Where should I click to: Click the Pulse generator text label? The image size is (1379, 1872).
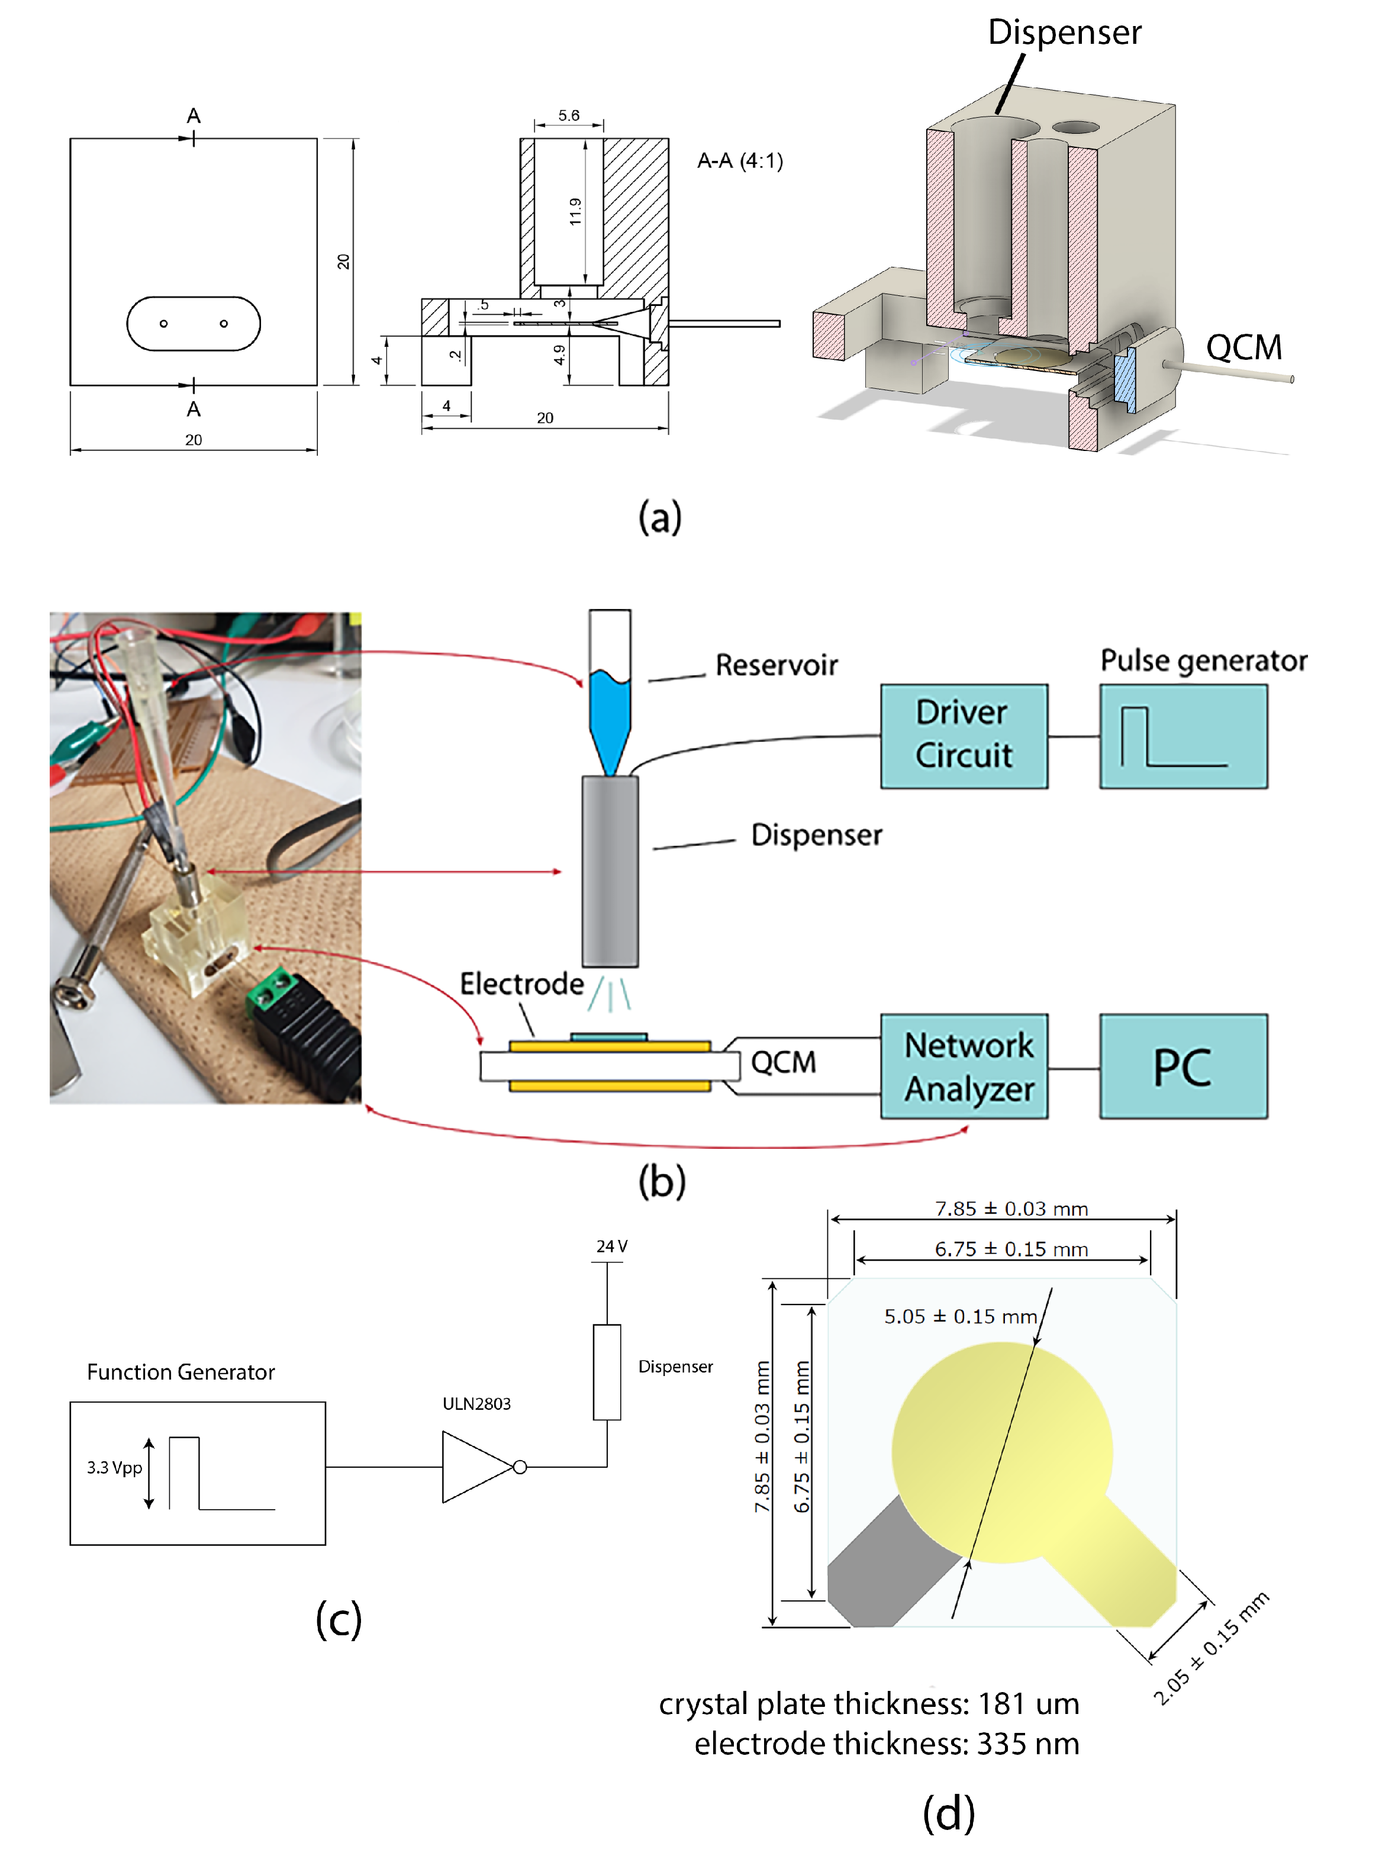(1202, 660)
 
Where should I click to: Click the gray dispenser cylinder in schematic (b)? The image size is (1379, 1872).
(610, 871)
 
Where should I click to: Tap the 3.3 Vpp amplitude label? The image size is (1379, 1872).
(114, 1467)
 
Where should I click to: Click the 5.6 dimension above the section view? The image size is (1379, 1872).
(568, 115)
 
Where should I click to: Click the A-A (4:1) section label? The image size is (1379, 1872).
(740, 160)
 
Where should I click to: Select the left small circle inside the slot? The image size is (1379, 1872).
(163, 323)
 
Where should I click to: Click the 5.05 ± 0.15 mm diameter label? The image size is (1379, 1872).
(960, 1316)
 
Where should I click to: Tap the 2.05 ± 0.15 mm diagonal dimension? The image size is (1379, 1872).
(1210, 1648)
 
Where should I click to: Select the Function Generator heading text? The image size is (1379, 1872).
(181, 1372)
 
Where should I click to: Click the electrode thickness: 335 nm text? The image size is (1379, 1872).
(887, 1744)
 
